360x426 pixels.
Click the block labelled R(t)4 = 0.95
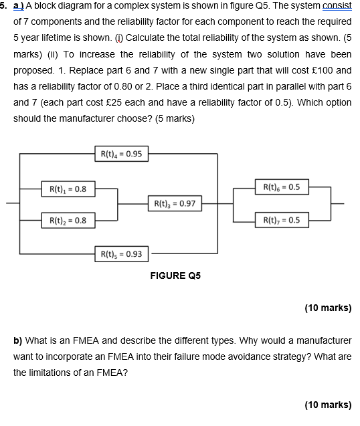pos(121,154)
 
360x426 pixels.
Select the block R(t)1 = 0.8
pos(67,189)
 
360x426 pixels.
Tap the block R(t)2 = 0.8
pos(67,219)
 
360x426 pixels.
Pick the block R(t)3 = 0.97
pos(174,203)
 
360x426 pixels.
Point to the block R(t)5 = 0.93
pos(121,253)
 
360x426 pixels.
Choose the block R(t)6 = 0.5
pos(282,187)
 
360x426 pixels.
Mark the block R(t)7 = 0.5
pos(282,219)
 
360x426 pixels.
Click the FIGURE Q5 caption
pos(175,276)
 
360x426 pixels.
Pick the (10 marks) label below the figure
pos(327,308)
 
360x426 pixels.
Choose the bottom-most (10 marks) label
pos(327,405)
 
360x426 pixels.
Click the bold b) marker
pos(18,340)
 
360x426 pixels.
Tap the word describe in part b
pos(131,340)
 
